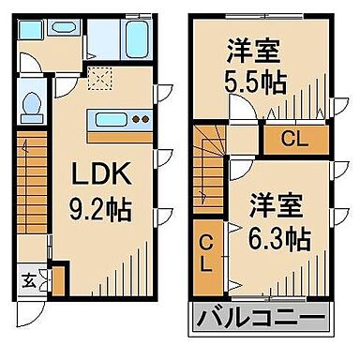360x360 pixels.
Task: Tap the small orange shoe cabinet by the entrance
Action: click(x=57, y=279)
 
